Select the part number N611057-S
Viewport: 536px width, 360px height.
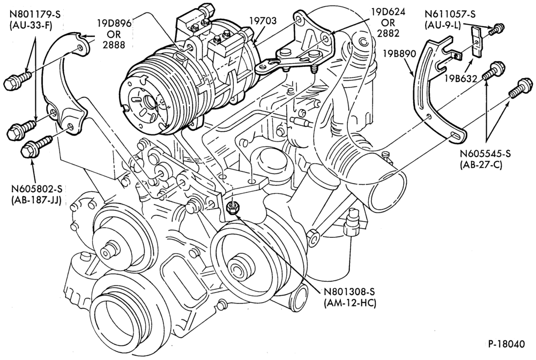coord(450,14)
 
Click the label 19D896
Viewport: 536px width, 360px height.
coord(114,24)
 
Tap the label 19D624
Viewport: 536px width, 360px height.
coord(388,13)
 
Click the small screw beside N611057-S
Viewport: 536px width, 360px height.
coord(494,29)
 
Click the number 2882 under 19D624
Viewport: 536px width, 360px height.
coord(388,33)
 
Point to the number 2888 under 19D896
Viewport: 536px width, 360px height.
coord(114,44)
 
